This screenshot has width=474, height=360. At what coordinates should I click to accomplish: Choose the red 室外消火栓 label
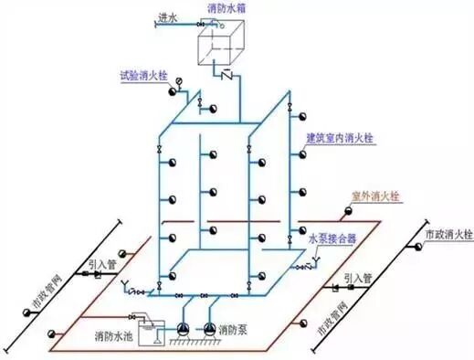[377, 196]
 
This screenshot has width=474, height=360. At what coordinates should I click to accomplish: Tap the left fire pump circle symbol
[183, 328]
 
